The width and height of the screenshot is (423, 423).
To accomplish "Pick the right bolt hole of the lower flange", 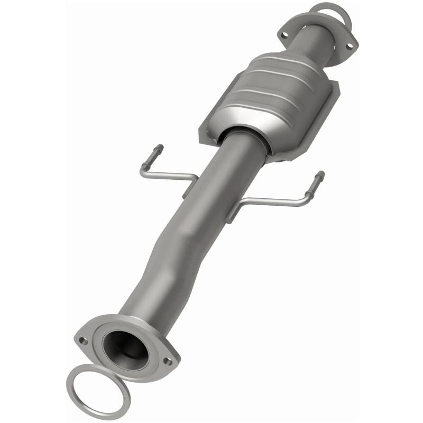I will pos(168,362).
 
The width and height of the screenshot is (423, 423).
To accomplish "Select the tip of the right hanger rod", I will pos(321,174).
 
